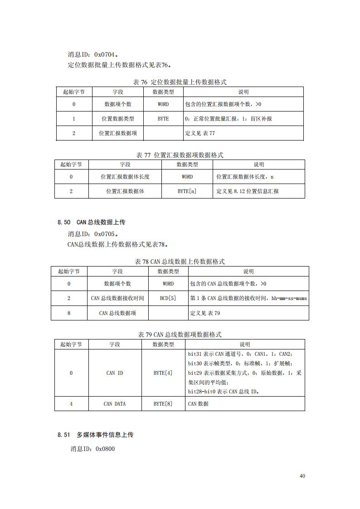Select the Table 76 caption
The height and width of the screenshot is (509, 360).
point(180,82)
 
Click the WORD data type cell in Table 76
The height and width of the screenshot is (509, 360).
point(163,104)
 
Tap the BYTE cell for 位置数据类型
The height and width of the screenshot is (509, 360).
point(163,119)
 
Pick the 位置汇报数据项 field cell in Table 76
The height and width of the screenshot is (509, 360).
point(118,133)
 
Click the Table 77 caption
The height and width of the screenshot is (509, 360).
point(180,155)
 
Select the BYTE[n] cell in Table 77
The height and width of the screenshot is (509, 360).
point(187,191)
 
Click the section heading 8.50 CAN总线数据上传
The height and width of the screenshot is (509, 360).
point(91,222)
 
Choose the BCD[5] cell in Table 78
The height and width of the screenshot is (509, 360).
point(168,298)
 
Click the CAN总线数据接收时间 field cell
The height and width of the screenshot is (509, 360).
point(117,298)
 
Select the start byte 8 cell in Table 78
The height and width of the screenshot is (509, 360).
point(69,313)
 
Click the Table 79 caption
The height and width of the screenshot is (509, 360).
point(180,334)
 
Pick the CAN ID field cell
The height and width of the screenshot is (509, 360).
point(115,373)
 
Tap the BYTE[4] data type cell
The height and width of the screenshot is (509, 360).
point(163,373)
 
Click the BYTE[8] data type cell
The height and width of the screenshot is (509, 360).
point(163,404)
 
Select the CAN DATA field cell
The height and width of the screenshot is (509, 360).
point(115,404)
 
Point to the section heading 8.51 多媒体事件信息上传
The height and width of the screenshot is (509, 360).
point(95,435)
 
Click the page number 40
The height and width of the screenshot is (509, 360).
point(302,476)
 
